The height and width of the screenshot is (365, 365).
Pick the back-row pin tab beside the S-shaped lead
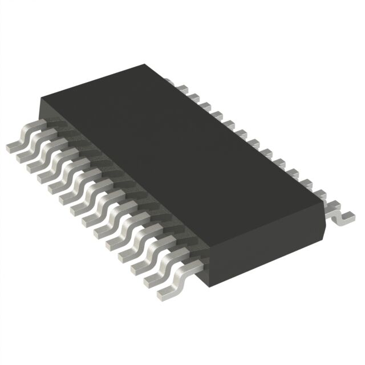(325, 197)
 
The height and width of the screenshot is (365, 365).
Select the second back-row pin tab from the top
(192, 95)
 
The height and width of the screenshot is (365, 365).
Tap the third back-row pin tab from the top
(203, 103)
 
